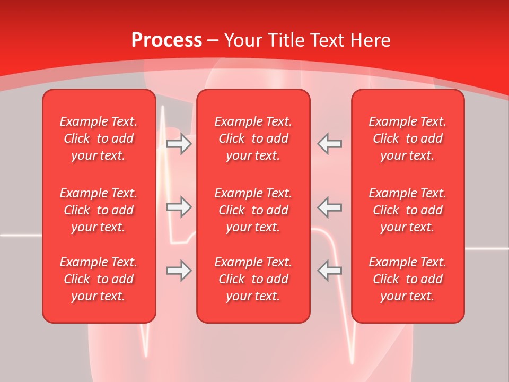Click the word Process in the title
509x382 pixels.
pos(166,40)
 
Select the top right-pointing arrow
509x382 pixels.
pos(179,144)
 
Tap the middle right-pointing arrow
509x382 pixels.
pos(179,207)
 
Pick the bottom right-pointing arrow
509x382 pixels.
pos(179,271)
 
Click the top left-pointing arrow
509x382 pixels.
pos(330,144)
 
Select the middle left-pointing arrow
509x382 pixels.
pos(330,207)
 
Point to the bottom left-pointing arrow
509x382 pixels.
pos(330,271)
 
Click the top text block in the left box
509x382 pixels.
pos(99,138)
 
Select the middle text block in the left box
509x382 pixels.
pos(99,210)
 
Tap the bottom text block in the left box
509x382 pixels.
pos(99,279)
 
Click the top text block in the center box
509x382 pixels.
pos(253,138)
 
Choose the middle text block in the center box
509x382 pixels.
pos(253,210)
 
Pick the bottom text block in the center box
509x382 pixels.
pos(253,279)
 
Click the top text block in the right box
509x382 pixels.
pos(408,138)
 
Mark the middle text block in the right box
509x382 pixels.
pos(408,210)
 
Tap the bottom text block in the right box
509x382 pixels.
pos(408,279)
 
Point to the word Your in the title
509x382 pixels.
pos(242,40)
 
